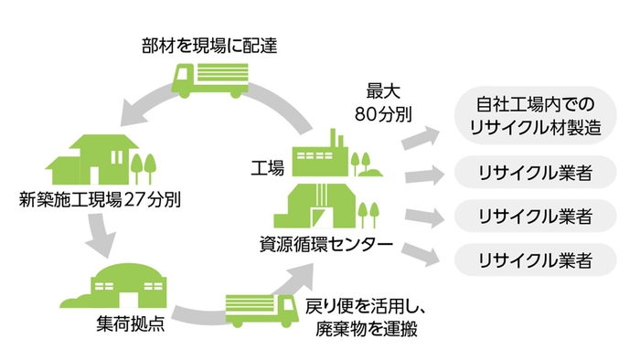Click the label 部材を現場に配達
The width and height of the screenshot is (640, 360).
(x=209, y=43)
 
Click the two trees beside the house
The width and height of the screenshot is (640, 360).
(x=142, y=166)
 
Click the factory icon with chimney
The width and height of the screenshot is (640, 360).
(x=325, y=156)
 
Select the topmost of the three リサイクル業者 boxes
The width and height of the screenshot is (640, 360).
(x=534, y=173)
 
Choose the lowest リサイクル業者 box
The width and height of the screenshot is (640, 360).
(x=534, y=259)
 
